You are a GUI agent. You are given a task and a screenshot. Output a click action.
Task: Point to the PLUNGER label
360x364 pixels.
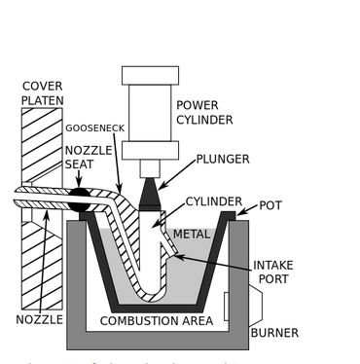coord(222,159)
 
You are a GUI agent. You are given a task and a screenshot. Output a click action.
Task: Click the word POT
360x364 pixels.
coord(270,206)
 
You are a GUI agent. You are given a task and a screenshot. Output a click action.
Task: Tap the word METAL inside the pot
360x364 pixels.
coord(192,235)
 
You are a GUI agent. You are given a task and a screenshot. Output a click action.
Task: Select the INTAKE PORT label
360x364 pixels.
coord(278,272)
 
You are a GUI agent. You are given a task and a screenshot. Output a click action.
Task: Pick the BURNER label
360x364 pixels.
coord(273,333)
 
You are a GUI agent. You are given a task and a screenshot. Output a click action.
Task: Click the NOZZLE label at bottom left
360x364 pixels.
coord(39,319)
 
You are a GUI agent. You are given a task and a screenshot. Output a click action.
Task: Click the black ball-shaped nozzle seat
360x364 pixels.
coord(79,201)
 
